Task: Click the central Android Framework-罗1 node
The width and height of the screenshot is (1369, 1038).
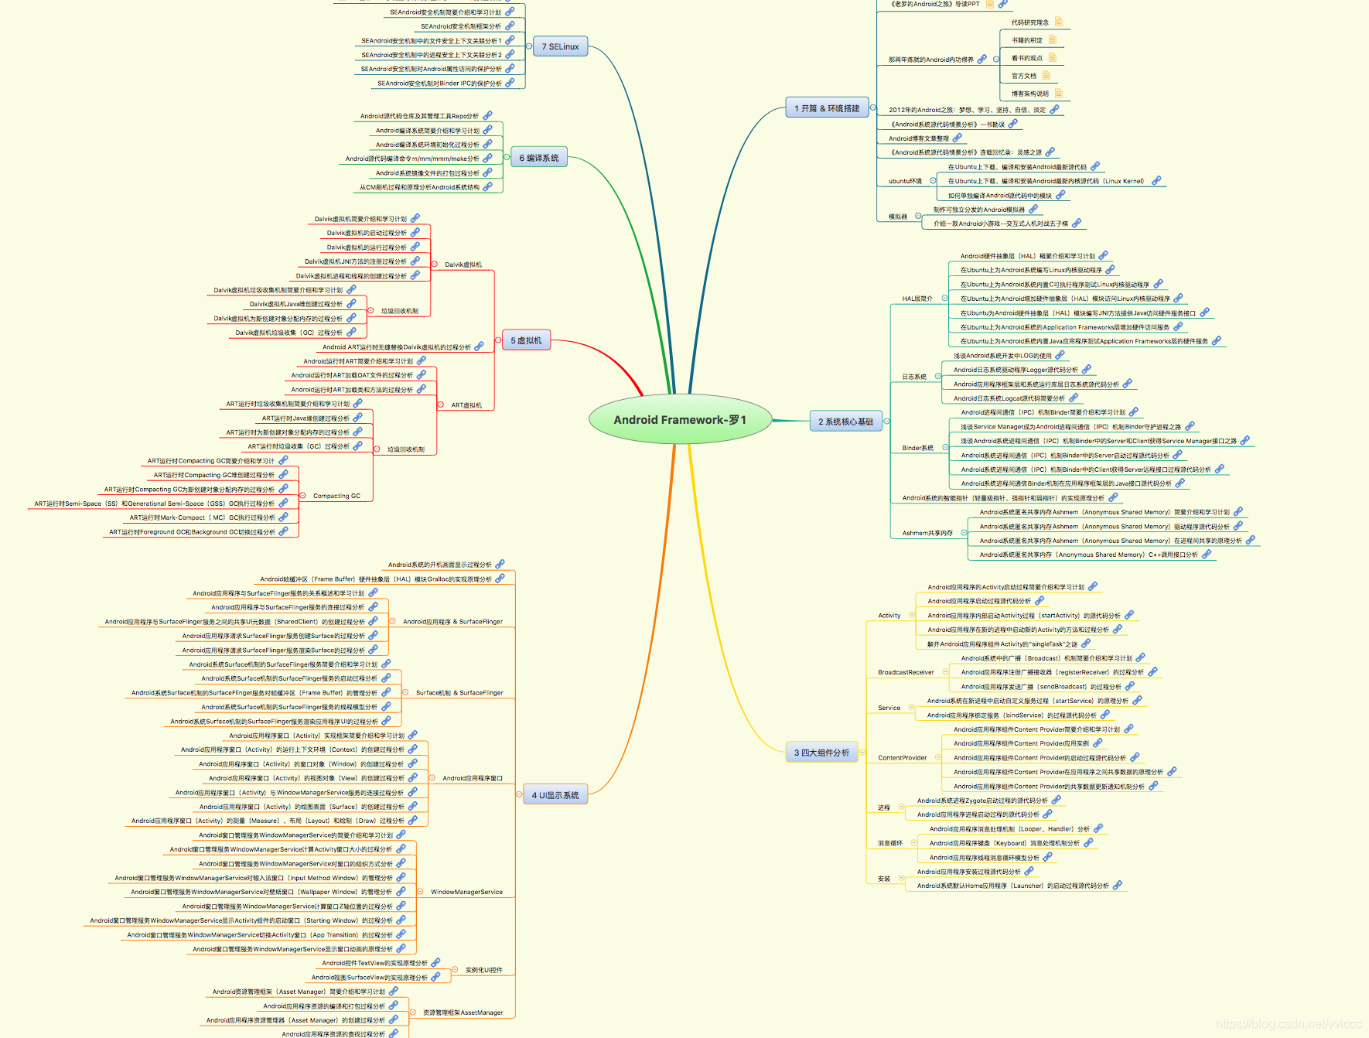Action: point(680,420)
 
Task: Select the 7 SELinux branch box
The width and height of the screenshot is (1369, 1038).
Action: point(560,46)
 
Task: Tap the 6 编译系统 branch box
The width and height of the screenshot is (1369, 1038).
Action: point(538,158)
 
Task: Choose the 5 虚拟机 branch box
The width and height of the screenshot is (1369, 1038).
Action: point(526,340)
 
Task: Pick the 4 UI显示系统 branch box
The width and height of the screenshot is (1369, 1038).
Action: point(555,795)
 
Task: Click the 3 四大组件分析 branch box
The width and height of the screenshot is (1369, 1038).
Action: point(821,753)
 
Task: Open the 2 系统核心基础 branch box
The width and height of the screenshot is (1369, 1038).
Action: point(845,422)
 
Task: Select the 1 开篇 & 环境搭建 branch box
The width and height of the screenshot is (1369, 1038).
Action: point(827,108)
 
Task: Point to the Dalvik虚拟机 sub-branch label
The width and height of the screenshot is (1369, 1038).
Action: point(463,265)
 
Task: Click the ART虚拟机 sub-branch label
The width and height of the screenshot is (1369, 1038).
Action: point(466,405)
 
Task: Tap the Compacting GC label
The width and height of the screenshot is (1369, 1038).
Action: point(336,496)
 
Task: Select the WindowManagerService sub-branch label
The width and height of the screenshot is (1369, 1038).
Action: point(466,892)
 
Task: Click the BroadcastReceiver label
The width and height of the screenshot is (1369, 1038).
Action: point(906,672)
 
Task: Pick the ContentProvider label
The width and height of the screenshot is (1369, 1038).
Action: point(902,758)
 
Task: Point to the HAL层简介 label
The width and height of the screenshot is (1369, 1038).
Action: point(917,299)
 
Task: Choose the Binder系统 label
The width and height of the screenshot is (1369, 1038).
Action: point(917,448)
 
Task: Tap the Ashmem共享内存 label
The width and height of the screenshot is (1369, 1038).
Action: point(927,533)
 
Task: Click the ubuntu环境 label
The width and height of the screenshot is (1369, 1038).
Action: point(905,181)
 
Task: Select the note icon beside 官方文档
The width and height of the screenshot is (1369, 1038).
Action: point(1046,76)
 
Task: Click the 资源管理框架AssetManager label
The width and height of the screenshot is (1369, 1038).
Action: point(463,1012)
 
